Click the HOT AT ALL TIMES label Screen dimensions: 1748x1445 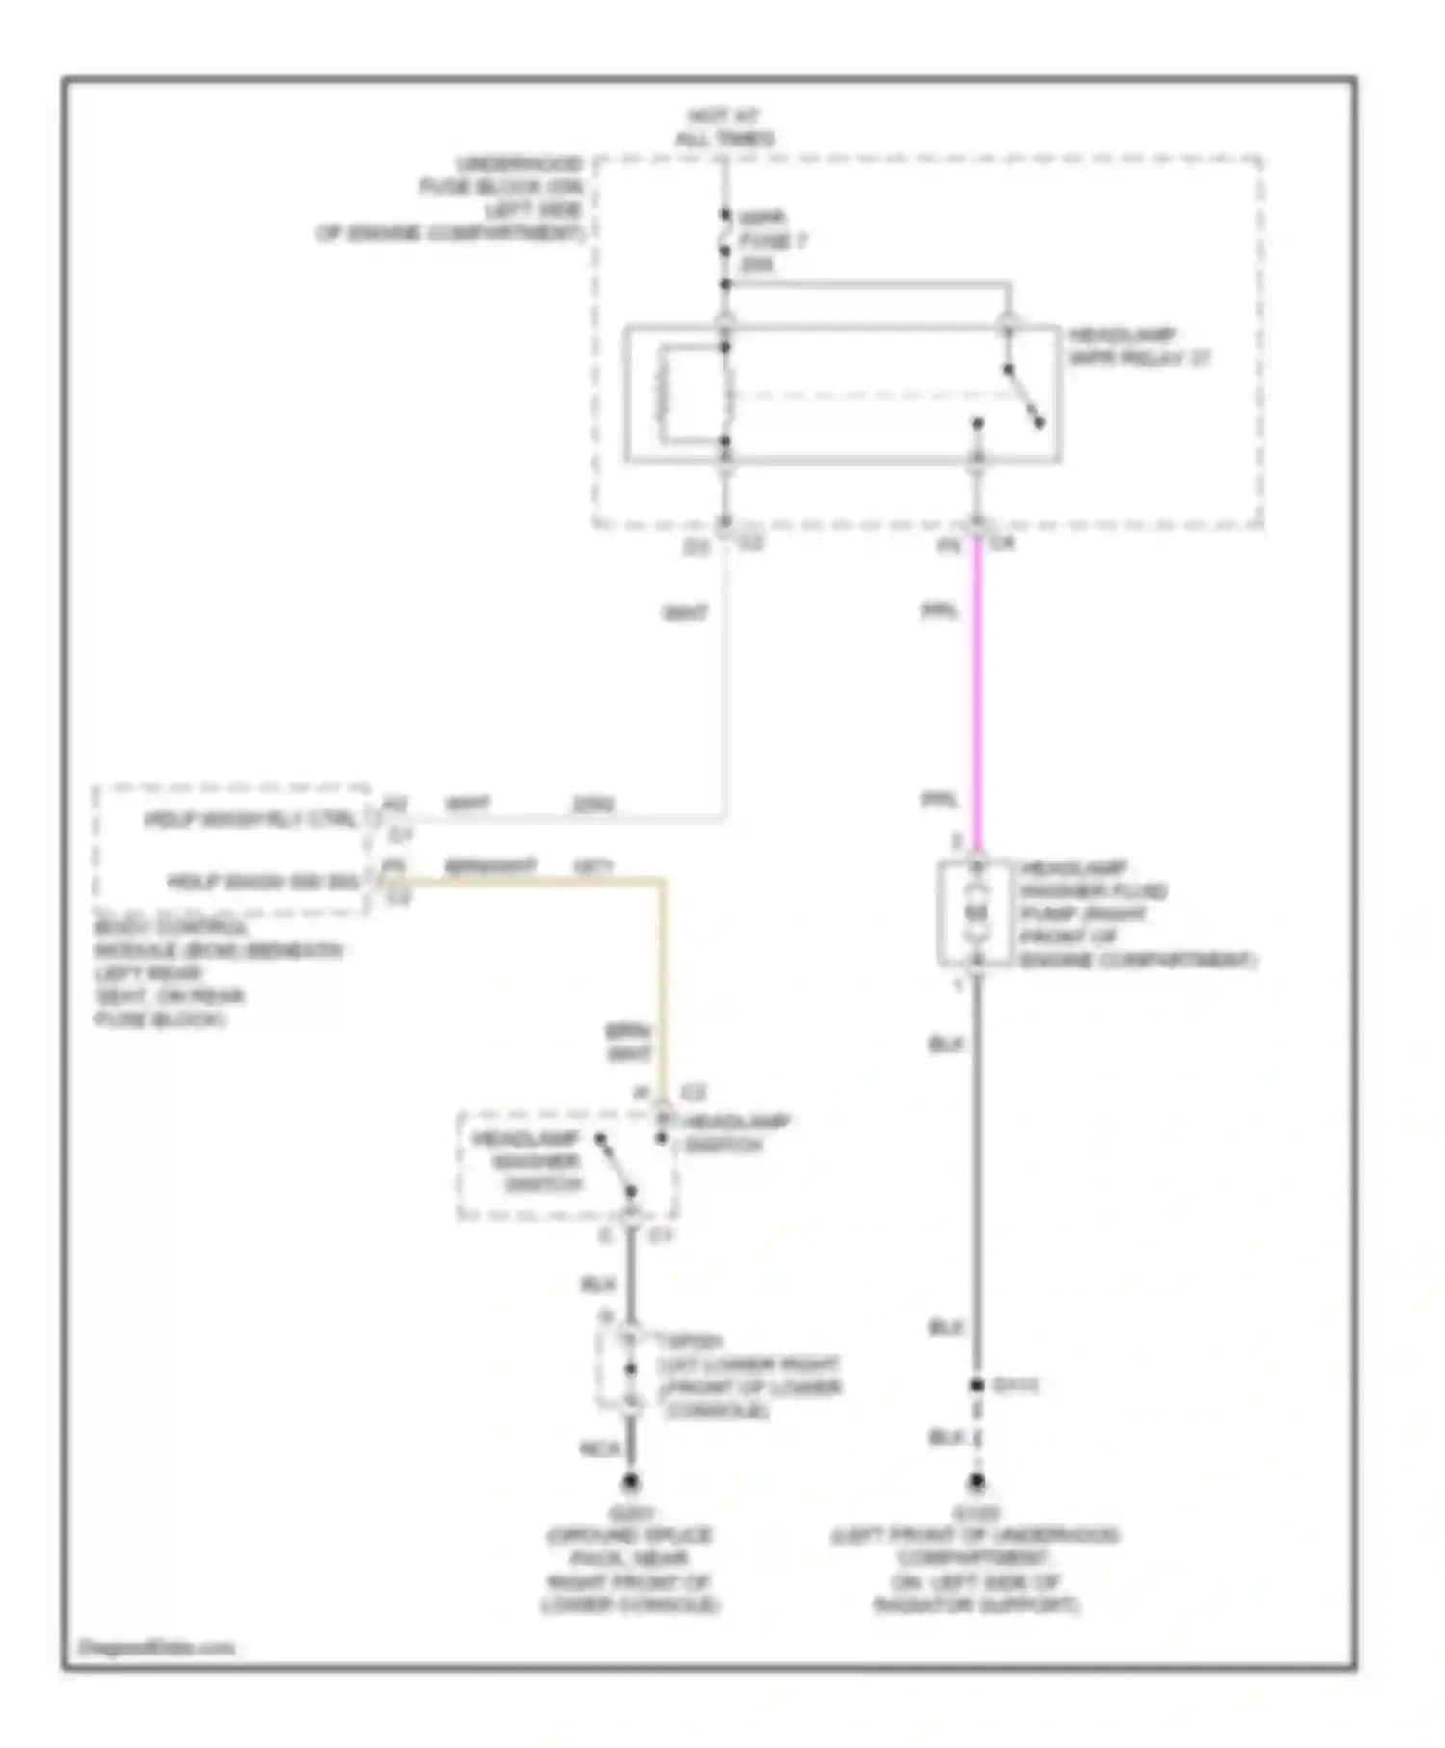[x=724, y=127]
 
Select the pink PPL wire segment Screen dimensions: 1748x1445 [x=977, y=694]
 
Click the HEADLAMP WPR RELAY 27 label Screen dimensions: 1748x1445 [x=1138, y=347]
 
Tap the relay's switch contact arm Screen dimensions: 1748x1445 [x=1023, y=395]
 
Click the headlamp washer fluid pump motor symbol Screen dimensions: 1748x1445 [x=977, y=912]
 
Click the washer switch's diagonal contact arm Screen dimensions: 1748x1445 [x=615, y=1164]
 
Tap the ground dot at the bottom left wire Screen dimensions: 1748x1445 [x=630, y=1481]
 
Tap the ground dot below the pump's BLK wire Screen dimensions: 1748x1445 [x=977, y=1481]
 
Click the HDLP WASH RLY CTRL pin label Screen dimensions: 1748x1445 [x=250, y=820]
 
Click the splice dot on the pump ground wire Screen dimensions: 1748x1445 [x=977, y=1385]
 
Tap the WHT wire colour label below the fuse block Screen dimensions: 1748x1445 [x=685, y=613]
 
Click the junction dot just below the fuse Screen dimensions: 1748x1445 [x=725, y=284]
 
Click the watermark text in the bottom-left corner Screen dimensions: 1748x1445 [x=156, y=1647]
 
